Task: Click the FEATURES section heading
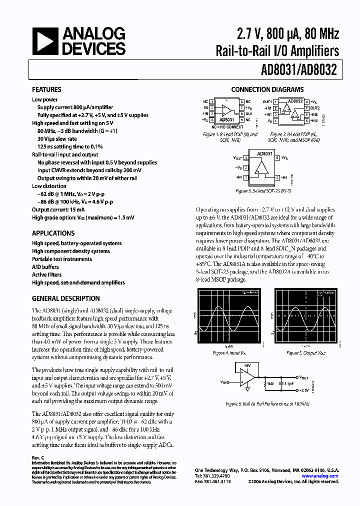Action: coord(46,90)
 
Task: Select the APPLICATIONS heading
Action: coord(53,233)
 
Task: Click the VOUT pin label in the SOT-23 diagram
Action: coord(238,158)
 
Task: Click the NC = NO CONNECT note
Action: coord(227,127)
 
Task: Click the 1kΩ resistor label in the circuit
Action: coord(270,383)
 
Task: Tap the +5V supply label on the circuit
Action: coord(247,365)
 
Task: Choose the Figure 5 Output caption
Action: coord(306,353)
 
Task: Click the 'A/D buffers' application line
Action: coord(45,267)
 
